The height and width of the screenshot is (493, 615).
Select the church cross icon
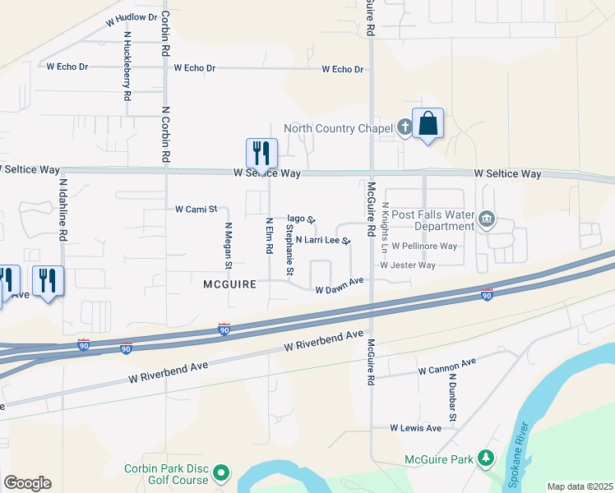tap(405, 127)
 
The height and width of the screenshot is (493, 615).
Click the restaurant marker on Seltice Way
tap(261, 153)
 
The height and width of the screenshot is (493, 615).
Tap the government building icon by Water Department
tap(488, 219)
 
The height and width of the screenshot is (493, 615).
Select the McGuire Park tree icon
tap(487, 458)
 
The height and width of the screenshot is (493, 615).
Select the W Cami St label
tap(195, 210)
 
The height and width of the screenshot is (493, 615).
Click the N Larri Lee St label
tap(323, 241)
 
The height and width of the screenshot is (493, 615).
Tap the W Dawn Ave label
tap(340, 284)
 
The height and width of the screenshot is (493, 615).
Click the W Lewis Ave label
tap(415, 428)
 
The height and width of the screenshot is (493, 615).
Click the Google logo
tap(27, 483)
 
